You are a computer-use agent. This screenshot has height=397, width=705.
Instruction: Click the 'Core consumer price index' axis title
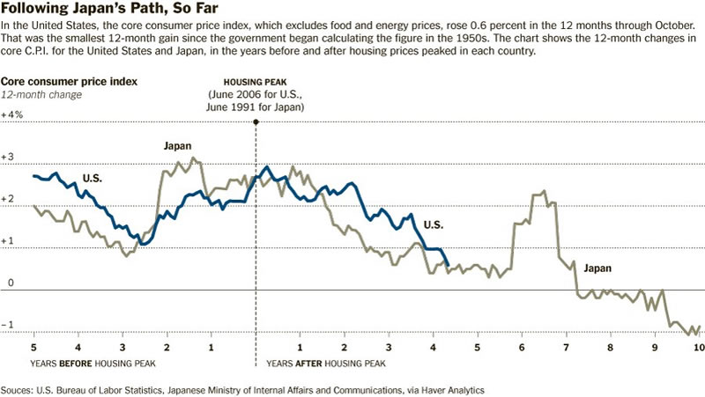click(69, 81)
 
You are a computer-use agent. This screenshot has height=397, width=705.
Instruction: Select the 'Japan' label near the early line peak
click(177, 146)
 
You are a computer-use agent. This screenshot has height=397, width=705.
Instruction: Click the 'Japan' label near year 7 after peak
click(596, 268)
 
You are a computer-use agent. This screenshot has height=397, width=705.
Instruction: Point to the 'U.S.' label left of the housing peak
click(93, 179)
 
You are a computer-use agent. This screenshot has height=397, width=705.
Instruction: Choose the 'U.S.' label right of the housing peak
click(433, 224)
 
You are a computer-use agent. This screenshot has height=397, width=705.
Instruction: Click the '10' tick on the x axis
click(698, 348)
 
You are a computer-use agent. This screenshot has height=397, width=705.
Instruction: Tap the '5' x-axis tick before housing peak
click(33, 348)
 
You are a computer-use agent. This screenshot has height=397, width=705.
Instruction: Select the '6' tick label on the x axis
click(522, 348)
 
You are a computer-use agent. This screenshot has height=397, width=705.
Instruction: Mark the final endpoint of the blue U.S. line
click(449, 265)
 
